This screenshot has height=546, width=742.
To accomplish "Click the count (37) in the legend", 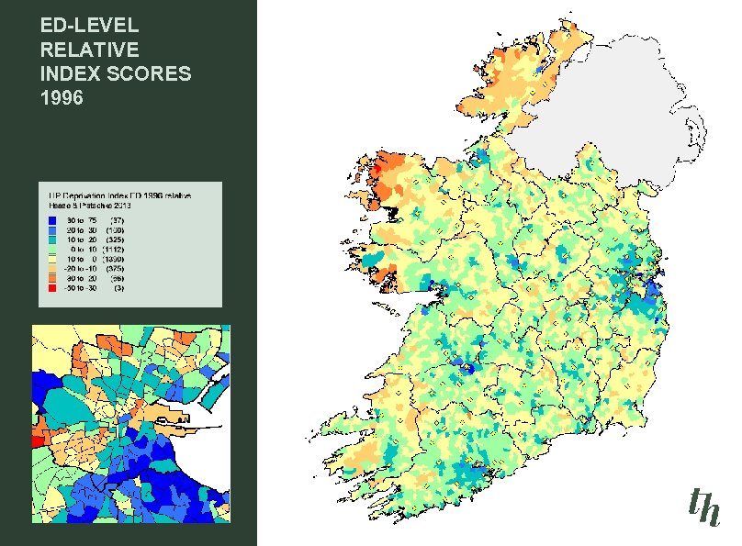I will coord(116,220).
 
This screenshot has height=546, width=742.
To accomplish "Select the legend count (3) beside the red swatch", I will coord(118,287).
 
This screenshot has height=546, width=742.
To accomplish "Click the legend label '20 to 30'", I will coord(83,229).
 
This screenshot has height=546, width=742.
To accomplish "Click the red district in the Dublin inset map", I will coord(36,441).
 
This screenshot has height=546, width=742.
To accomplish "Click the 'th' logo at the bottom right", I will coord(703,506).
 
